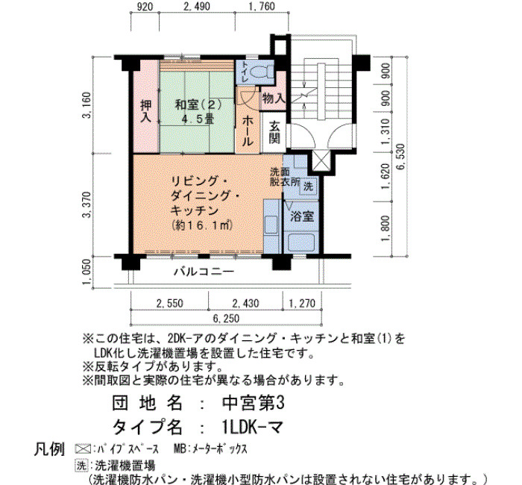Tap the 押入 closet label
pyautogui.click(x=146, y=112)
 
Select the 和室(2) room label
pyautogui.click(x=198, y=105)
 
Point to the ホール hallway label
pyautogui.click(x=247, y=131)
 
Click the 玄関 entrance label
pyautogui.click(x=274, y=133)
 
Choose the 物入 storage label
pyautogui.click(x=274, y=98)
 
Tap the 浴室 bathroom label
pyautogui.click(x=302, y=216)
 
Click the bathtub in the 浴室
pyautogui.click(x=301, y=242)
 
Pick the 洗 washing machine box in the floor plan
pyautogui.click(x=308, y=187)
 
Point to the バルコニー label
pyautogui.click(x=204, y=272)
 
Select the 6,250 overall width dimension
pyautogui.click(x=226, y=319)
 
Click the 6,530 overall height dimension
pyautogui.click(x=401, y=157)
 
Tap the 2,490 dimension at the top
pyautogui.click(x=197, y=6)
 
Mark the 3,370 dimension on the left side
pyautogui.click(x=87, y=204)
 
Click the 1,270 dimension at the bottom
pyautogui.click(x=302, y=303)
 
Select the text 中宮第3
pyautogui.click(x=253, y=403)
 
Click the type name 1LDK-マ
pyautogui.click(x=252, y=427)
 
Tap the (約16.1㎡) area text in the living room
pyautogui.click(x=202, y=225)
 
